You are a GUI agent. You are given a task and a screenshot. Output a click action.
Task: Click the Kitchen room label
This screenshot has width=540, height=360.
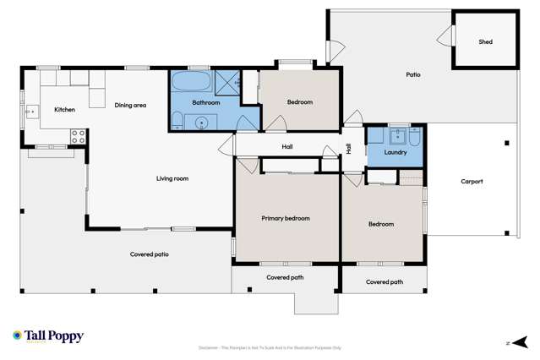pyautogui.click(x=64, y=110)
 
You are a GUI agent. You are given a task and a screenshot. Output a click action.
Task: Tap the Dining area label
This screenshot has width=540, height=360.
pyautogui.click(x=131, y=106)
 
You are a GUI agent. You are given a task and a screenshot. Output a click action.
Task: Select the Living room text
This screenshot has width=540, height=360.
pyautogui.click(x=172, y=178)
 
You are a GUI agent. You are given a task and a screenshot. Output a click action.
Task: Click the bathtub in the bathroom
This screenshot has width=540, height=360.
pyautogui.click(x=191, y=83)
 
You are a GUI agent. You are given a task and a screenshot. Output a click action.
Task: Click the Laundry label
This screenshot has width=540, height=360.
pyautogui.click(x=395, y=153)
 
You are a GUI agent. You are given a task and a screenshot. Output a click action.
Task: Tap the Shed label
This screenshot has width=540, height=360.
pyautogui.click(x=485, y=41)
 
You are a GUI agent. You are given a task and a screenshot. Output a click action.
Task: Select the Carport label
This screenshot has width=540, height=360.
pyautogui.click(x=472, y=182)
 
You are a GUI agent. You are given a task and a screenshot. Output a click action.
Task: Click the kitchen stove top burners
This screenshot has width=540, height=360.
pyautogui.click(x=78, y=134)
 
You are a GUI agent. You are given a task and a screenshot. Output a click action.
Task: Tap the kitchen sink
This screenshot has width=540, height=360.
pyautogui.click(x=31, y=111)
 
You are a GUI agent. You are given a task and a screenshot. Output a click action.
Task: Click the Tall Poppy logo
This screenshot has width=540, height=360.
pyautogui.click(x=48, y=336)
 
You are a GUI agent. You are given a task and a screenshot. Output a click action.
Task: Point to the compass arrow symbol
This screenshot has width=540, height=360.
pyautogui.click(x=519, y=342)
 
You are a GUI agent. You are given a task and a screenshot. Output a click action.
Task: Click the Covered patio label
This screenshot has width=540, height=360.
pyautogui.click(x=149, y=254)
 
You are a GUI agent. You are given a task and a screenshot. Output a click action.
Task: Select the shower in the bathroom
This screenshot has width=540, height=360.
pyautogui.click(x=227, y=82)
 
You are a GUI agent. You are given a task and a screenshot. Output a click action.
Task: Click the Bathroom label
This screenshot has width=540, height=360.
pyautogui.click(x=205, y=102)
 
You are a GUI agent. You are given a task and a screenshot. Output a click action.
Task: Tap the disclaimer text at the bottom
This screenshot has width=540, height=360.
pyautogui.click(x=270, y=347)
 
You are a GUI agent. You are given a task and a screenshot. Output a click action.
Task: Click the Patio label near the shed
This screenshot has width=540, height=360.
pyautogui.click(x=413, y=74)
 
